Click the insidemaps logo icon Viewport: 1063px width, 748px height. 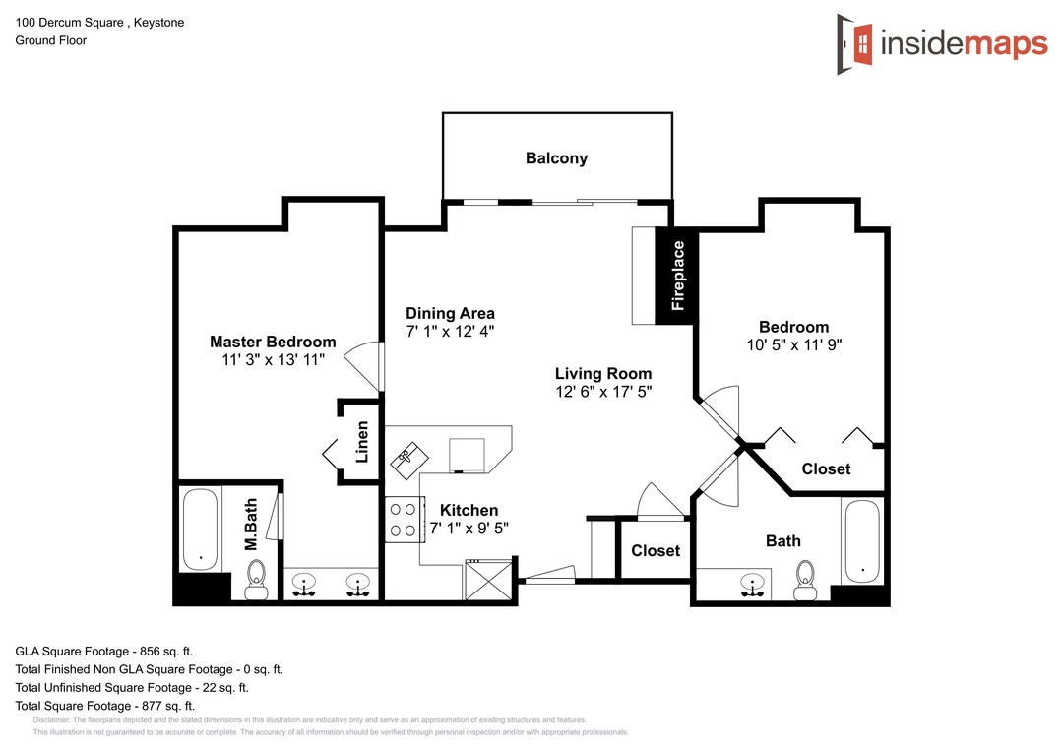click(x=855, y=44)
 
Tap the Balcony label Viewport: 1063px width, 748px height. click(x=556, y=158)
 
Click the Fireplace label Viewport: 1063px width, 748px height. click(x=678, y=276)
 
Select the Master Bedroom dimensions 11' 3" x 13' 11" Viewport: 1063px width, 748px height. click(x=274, y=360)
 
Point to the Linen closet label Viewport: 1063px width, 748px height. click(x=362, y=442)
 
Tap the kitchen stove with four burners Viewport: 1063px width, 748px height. click(x=405, y=520)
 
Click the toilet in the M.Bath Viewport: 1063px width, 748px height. click(x=257, y=580)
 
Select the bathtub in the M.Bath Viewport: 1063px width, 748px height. click(x=201, y=530)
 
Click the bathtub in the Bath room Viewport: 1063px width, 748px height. click(x=862, y=541)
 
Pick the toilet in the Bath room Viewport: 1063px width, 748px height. click(x=805, y=581)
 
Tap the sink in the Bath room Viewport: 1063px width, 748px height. click(x=752, y=586)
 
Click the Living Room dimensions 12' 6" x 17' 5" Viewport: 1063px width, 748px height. click(x=604, y=392)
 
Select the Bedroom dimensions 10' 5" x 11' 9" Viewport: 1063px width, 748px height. click(x=794, y=345)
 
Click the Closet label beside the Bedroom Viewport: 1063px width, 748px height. click(x=826, y=469)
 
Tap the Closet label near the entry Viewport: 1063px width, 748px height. click(x=656, y=550)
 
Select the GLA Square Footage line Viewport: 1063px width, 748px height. click(x=104, y=652)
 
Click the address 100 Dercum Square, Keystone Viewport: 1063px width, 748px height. click(x=99, y=23)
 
